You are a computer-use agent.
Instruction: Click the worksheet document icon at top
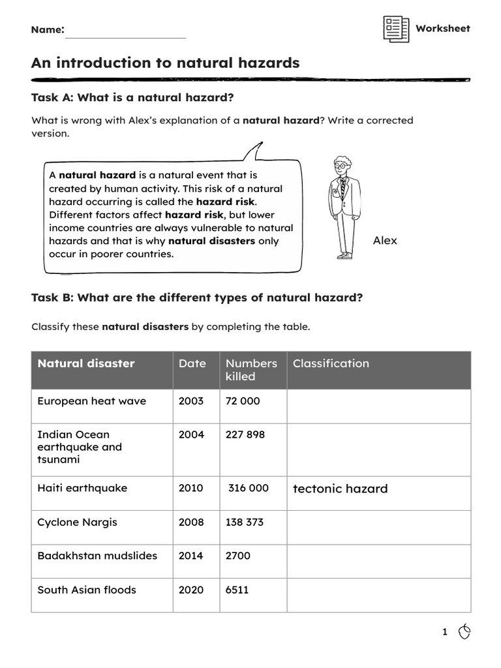(396, 29)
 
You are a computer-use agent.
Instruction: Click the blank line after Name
(125, 33)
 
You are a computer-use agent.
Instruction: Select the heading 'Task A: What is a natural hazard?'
(132, 98)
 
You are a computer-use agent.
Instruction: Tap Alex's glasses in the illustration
(341, 166)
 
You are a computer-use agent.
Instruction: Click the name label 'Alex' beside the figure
(385, 241)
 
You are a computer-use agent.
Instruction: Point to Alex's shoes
(344, 256)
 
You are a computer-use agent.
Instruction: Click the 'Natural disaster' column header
(86, 364)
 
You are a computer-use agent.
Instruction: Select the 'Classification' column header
(331, 364)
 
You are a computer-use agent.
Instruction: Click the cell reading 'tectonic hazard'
(340, 489)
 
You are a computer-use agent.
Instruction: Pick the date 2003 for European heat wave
(190, 401)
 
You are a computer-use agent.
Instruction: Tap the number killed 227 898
(245, 434)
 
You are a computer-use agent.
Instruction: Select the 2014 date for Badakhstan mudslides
(190, 556)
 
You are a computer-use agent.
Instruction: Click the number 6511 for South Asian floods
(237, 590)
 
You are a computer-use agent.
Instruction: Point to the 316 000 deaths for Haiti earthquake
(248, 488)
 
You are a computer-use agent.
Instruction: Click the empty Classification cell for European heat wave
(378, 406)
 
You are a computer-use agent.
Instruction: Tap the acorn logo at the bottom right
(464, 631)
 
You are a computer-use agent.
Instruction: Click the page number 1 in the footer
(445, 632)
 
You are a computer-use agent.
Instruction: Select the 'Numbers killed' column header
(251, 370)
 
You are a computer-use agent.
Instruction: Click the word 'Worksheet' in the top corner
(442, 29)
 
